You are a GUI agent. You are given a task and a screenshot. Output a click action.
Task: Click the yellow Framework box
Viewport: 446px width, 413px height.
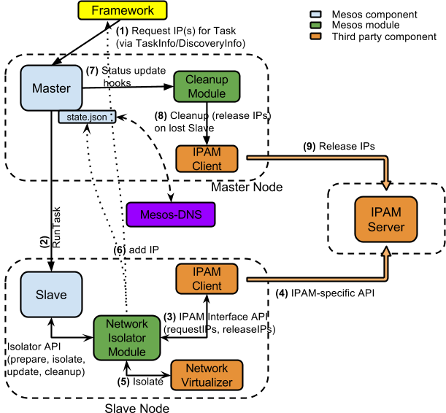tap(123, 10)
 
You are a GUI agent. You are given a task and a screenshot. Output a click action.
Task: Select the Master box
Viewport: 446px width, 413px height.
tap(51, 88)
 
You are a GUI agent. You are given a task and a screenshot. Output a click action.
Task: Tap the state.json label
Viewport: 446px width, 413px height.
tap(86, 117)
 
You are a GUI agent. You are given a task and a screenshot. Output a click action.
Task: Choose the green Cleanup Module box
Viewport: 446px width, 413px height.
tap(207, 86)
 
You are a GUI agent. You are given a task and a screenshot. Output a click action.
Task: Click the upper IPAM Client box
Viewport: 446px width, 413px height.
tap(207, 159)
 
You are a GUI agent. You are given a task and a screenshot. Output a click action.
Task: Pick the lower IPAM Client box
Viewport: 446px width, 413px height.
tap(207, 279)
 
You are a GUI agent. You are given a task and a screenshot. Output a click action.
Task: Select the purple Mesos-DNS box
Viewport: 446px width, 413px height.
tap(171, 215)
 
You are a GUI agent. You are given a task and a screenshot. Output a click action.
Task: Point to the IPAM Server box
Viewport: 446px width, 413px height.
tap(386, 219)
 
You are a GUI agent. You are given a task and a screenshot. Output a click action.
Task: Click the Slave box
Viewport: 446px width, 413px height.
tap(51, 295)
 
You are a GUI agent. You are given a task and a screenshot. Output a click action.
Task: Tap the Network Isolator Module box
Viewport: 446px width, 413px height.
tap(126, 338)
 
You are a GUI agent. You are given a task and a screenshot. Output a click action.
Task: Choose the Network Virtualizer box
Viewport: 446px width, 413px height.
tap(207, 375)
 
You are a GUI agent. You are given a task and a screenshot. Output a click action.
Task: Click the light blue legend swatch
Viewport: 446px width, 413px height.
tap(315, 14)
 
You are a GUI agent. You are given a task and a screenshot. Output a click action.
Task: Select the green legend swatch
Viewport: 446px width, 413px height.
tap(315, 25)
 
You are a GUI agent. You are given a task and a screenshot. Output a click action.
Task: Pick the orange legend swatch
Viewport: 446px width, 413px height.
tap(315, 36)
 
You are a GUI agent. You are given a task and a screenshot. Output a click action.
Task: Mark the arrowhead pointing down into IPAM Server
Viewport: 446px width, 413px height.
tap(386, 183)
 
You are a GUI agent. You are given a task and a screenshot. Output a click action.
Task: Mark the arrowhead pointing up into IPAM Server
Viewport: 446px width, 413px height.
tap(386, 252)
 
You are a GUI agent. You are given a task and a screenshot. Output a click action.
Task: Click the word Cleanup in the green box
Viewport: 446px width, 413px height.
tap(207, 80)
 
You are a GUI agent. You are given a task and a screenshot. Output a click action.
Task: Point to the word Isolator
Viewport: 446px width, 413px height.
tap(126, 338)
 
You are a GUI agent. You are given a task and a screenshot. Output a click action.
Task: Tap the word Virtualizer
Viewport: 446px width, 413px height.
tap(207, 382)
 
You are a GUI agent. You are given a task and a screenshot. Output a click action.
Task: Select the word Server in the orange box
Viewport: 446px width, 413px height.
tap(386, 227)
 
